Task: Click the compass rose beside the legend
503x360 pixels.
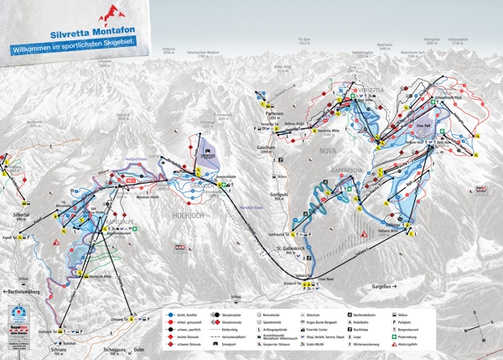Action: pyautogui.click(x=480, y=323)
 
